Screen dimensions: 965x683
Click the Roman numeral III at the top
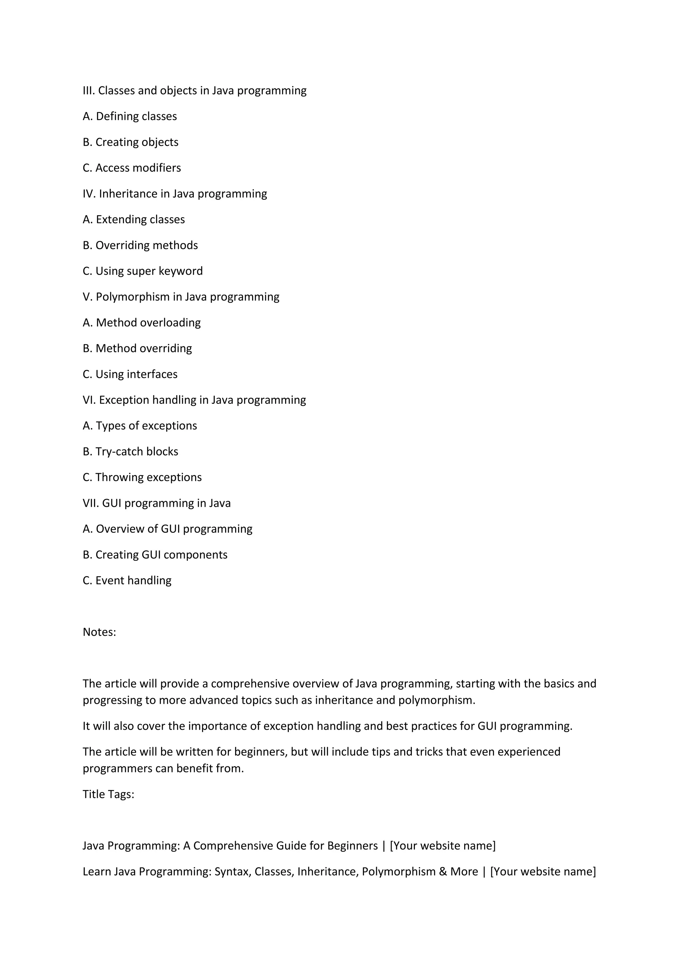pos(89,91)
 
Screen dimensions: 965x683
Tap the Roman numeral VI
pos(89,400)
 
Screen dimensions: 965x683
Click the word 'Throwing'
pos(114,478)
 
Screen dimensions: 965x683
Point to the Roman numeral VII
pos(91,503)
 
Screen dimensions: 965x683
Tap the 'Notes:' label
pos(99,632)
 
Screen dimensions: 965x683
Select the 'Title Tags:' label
pos(108,794)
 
